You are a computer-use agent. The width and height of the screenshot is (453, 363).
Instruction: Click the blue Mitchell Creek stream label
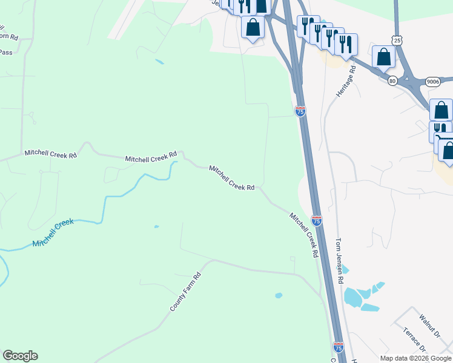[53, 232]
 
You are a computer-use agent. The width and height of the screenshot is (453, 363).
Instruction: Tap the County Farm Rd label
[185, 292]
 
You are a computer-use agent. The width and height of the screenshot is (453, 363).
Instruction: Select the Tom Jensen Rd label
[339, 261]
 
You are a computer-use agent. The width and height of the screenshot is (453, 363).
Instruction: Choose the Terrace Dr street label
[415, 341]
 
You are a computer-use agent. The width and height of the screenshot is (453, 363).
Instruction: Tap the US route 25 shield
[397, 40]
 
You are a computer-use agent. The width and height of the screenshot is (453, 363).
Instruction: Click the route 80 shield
[392, 80]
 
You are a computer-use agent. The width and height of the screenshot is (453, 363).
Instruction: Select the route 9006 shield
[432, 81]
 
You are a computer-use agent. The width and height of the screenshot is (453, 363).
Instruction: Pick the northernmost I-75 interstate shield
[300, 111]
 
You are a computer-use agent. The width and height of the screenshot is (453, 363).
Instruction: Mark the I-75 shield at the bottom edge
[339, 347]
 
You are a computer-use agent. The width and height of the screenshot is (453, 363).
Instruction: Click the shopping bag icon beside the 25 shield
[384, 57]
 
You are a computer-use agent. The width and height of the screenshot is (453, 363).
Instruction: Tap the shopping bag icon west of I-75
[252, 27]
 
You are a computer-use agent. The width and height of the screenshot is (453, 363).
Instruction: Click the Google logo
[20, 356]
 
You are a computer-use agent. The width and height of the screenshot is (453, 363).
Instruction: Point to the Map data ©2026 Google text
[415, 358]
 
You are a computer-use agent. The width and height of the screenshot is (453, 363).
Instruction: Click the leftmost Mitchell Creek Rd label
[51, 155]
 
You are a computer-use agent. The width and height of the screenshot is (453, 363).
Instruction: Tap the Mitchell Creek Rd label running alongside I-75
[303, 235]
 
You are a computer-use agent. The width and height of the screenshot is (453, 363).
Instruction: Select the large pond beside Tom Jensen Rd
[353, 297]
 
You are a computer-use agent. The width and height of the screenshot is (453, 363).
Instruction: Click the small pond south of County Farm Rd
[279, 296]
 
